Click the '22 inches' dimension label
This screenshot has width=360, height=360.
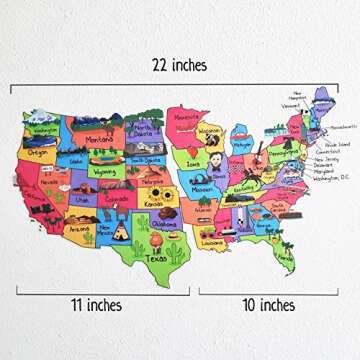tap(181, 66)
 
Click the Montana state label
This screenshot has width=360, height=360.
tap(98, 140)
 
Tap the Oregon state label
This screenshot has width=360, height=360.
tap(39, 153)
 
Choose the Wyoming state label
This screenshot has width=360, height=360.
tap(104, 171)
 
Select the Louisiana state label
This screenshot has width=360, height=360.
tap(210, 241)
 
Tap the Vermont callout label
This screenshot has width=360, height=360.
tap(290, 105)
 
